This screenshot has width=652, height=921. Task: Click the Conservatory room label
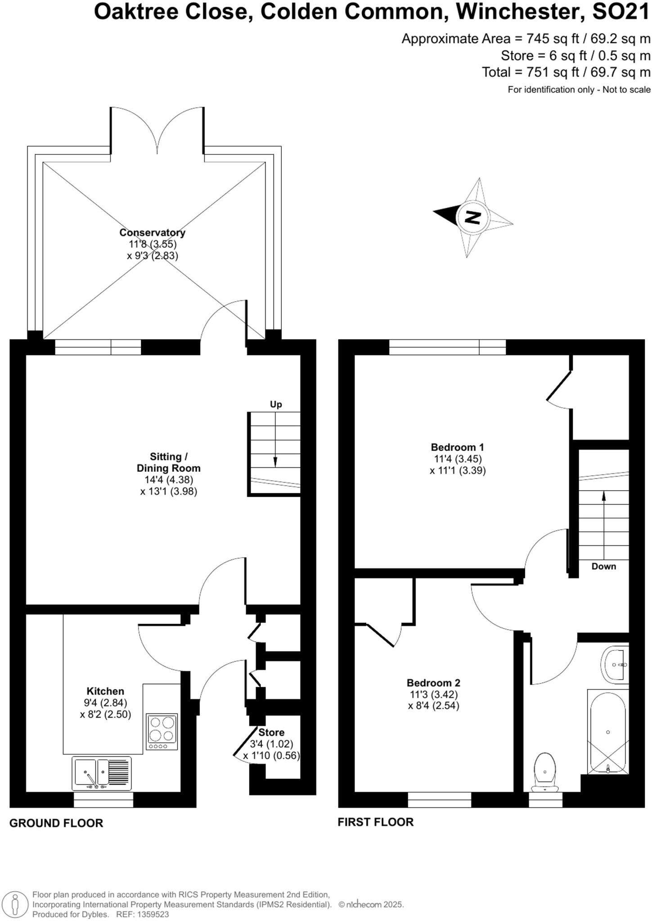click(152, 232)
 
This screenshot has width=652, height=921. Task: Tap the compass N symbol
click(472, 218)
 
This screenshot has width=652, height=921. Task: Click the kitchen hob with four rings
click(162, 732)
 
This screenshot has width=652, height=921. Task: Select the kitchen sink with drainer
click(101, 773)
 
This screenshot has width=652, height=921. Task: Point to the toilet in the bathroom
click(545, 772)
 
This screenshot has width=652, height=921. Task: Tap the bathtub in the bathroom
click(607, 732)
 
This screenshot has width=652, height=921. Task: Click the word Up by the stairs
click(276, 404)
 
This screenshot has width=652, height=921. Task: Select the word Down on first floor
click(603, 567)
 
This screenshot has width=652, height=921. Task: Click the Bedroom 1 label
click(457, 447)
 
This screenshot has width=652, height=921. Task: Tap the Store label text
click(271, 733)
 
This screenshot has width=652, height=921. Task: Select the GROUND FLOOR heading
click(56, 823)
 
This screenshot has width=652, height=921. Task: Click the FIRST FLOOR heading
click(375, 822)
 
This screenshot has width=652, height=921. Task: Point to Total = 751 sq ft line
click(566, 72)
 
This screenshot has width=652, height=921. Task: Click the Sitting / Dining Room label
click(168, 462)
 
